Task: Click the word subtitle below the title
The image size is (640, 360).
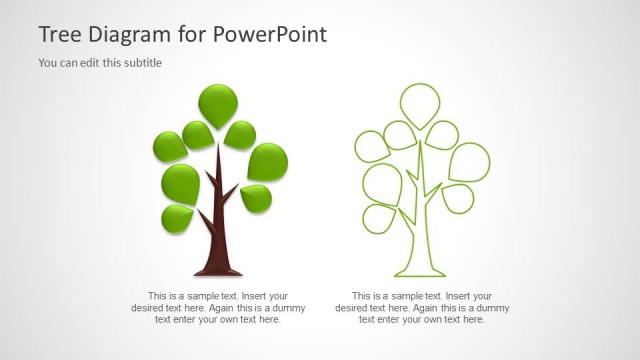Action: pyautogui.click(x=142, y=63)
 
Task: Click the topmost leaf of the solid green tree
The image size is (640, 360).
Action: pyautogui.click(x=217, y=103)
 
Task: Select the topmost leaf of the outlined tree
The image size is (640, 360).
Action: pyautogui.click(x=420, y=103)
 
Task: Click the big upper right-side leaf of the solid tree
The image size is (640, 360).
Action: pyautogui.click(x=267, y=161)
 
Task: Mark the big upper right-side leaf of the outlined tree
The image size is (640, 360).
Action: pyautogui.click(x=469, y=161)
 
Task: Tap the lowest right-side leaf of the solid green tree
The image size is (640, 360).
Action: pyautogui.click(x=257, y=197)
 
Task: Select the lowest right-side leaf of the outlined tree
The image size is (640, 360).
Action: pyautogui.click(x=458, y=197)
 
